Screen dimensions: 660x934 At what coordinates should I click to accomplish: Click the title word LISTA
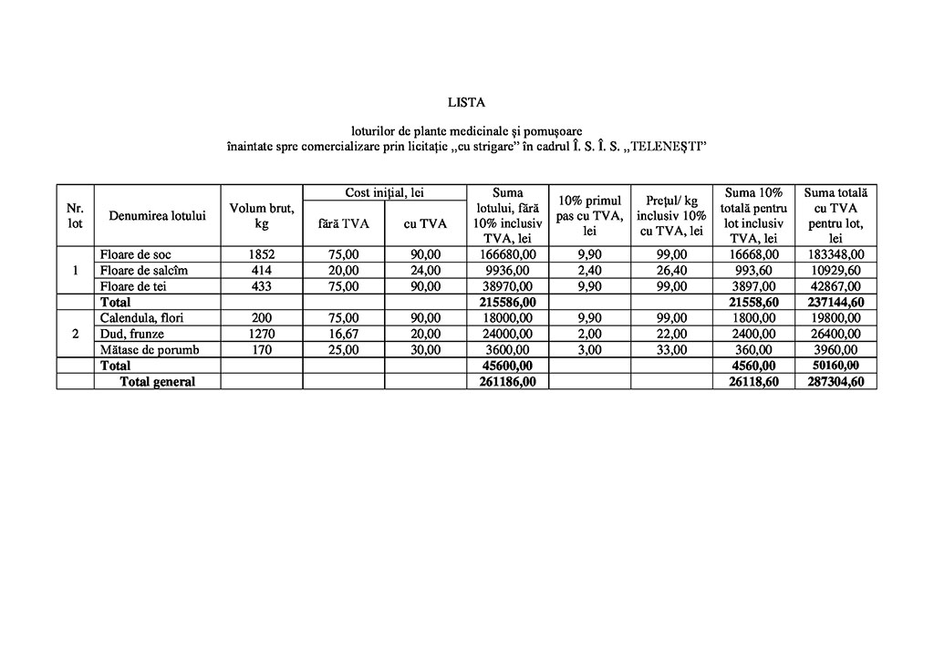[x=466, y=102]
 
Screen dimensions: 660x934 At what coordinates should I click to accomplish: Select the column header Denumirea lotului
[x=157, y=215]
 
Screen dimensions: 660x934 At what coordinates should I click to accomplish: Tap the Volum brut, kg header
[x=262, y=215]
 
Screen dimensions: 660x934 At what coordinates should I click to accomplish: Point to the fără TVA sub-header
[x=343, y=223]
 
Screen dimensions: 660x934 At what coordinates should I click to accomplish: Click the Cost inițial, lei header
[x=384, y=192]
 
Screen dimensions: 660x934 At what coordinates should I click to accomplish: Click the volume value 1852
[x=262, y=254]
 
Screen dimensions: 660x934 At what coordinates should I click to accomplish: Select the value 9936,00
[x=507, y=271]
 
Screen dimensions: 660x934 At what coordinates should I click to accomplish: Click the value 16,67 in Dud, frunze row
[x=343, y=334]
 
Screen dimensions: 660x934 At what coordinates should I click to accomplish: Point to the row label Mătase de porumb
[x=151, y=349]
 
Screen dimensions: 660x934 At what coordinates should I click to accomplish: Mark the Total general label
[x=158, y=382]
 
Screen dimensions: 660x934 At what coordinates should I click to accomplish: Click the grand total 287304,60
[x=835, y=382]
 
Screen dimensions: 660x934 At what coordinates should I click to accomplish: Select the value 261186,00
[x=507, y=382]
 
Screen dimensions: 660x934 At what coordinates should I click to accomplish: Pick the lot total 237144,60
[x=835, y=302]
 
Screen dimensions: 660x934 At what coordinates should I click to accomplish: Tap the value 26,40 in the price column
[x=671, y=271]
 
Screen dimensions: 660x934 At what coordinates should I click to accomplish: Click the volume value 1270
[x=262, y=334]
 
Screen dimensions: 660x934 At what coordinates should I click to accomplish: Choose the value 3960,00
[x=835, y=349]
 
